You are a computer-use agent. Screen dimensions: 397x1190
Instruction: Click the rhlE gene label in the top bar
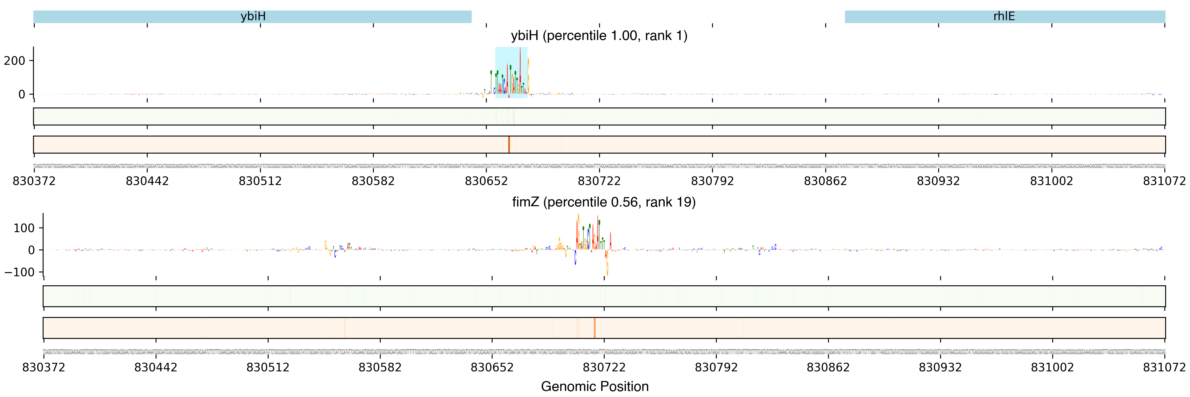(x=1004, y=17)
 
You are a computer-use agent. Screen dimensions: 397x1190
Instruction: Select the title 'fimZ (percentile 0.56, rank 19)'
(x=604, y=202)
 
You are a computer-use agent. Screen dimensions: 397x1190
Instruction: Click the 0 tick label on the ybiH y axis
(x=22, y=94)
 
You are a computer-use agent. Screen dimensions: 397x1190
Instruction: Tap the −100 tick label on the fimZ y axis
(x=19, y=272)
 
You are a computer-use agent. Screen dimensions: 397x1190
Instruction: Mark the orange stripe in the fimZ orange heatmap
(x=594, y=328)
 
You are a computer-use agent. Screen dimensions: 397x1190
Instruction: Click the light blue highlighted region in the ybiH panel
(x=511, y=72)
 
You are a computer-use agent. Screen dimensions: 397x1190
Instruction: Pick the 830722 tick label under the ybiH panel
(x=599, y=181)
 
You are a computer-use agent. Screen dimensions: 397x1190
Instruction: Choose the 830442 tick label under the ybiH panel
(x=147, y=181)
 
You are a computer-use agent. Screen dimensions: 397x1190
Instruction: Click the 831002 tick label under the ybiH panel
(x=1051, y=181)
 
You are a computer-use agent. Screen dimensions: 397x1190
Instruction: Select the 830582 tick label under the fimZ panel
(x=380, y=368)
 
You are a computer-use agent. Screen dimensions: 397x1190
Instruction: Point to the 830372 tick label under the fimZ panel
(x=44, y=368)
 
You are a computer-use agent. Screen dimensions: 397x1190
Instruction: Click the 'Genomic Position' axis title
(x=594, y=386)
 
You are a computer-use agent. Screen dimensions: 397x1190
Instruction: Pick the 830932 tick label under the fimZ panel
(x=940, y=368)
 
